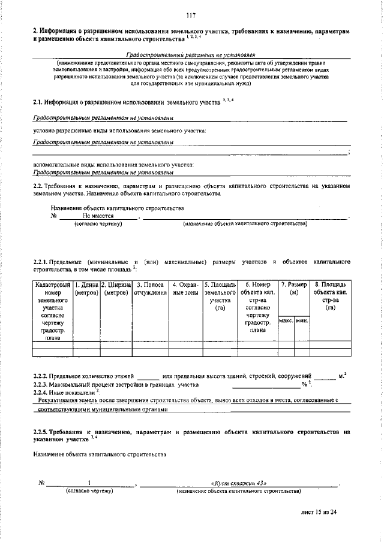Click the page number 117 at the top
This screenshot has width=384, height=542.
[x=191, y=16]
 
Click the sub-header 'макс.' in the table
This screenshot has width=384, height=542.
[x=286, y=321]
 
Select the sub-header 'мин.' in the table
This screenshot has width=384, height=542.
[x=302, y=321]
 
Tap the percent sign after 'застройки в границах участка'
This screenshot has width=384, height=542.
[x=304, y=384]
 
